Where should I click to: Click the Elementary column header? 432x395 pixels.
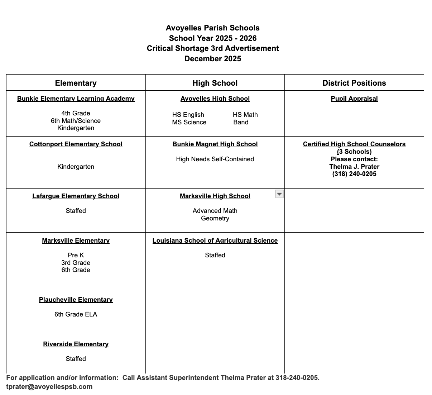[76, 83]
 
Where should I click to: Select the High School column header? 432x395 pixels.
[215, 83]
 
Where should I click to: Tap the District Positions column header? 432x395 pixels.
[354, 83]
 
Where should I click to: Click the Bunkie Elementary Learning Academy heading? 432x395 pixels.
[76, 99]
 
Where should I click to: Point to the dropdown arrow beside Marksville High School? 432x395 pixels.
[279, 194]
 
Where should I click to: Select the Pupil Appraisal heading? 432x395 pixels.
[354, 99]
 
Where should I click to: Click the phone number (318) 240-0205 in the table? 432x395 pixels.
[354, 174]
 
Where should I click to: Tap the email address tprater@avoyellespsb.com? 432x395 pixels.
[49, 387]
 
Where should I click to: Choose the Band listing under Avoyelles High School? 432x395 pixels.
[241, 122]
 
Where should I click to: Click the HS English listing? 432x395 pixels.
[188, 115]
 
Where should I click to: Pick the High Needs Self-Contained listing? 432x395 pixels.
[215, 159]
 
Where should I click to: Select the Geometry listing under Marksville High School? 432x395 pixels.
[215, 218]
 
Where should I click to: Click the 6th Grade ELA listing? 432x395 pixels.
[76, 314]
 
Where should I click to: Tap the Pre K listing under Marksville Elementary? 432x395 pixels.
[76, 255]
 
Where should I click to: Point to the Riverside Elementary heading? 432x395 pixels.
[76, 344]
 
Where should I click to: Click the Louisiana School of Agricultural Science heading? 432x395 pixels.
[215, 241]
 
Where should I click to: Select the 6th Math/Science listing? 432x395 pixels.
[76, 121]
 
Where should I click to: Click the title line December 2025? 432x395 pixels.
[212, 59]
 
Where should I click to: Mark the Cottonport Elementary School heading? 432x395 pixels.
[76, 144]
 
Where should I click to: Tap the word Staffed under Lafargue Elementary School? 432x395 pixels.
[76, 211]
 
